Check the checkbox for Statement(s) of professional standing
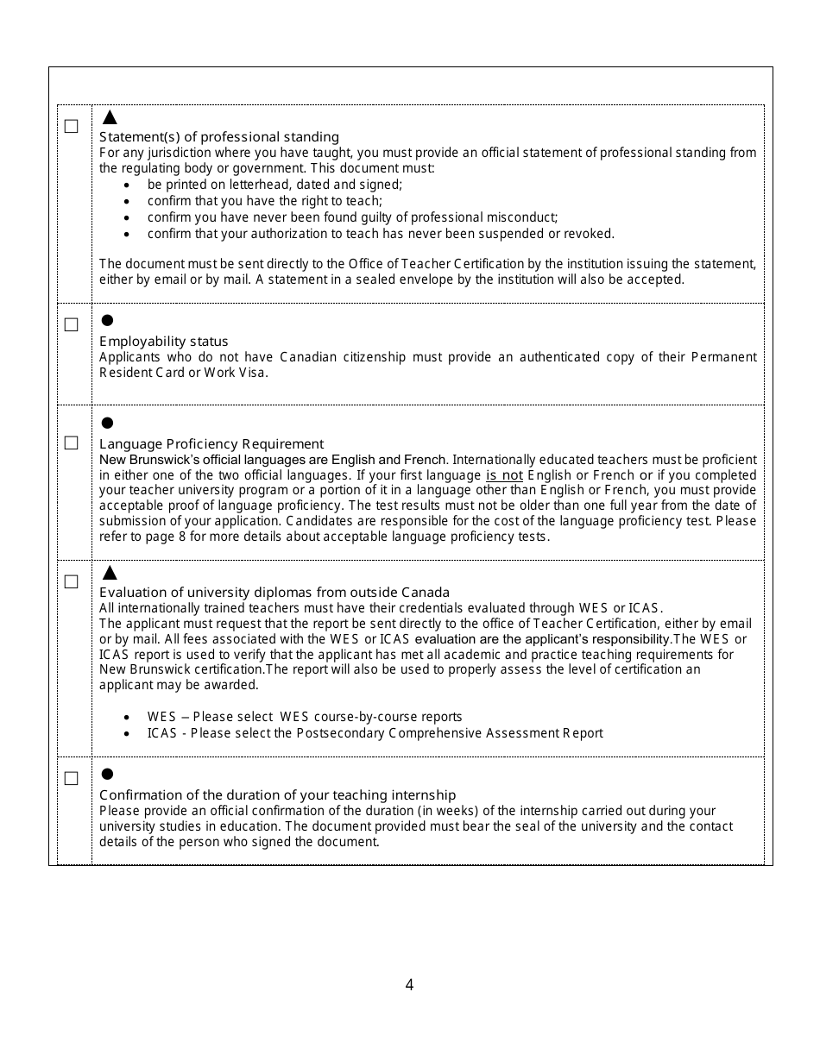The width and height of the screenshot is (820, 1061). click(x=71, y=127)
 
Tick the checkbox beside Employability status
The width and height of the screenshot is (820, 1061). click(x=71, y=325)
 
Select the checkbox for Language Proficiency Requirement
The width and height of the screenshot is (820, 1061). click(x=71, y=443)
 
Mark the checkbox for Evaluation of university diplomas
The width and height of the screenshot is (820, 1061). click(x=71, y=582)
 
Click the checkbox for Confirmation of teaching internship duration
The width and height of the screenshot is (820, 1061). click(x=71, y=779)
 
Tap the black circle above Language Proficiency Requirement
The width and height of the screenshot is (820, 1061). click(x=108, y=423)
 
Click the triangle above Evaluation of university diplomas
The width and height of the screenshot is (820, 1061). click(x=110, y=573)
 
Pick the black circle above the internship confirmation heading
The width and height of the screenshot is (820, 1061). click(x=108, y=774)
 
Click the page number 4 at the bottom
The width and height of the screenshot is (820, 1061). click(x=409, y=985)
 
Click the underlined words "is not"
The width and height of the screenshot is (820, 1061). click(x=504, y=475)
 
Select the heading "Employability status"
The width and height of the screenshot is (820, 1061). click(x=164, y=342)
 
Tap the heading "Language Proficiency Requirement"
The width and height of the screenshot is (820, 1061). click(x=211, y=444)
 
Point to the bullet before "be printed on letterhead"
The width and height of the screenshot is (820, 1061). click(x=128, y=185)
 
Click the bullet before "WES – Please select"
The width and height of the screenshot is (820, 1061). click(x=128, y=718)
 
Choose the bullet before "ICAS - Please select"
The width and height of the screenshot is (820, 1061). click(x=128, y=734)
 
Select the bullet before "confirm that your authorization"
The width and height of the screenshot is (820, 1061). click(x=128, y=235)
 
